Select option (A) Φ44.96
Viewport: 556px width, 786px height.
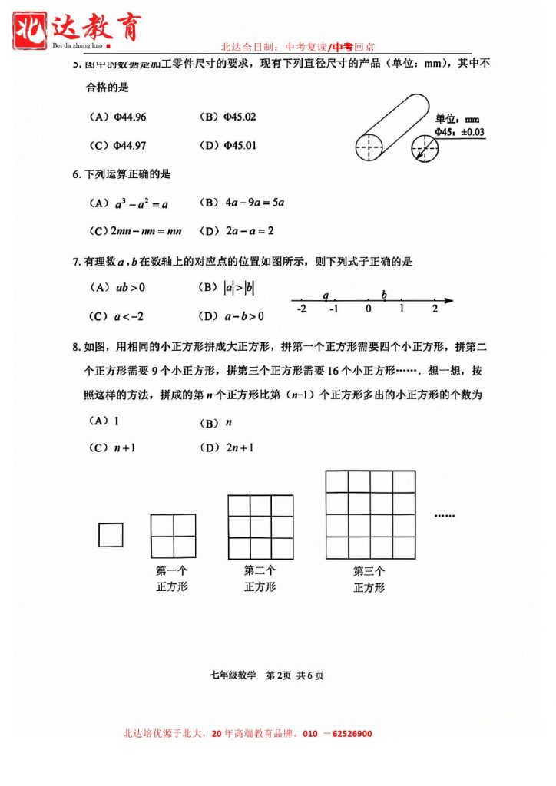(x=118, y=117)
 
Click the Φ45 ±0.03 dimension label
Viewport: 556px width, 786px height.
(x=459, y=132)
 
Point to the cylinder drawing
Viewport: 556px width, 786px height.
(x=392, y=127)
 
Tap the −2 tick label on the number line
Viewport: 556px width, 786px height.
(x=300, y=309)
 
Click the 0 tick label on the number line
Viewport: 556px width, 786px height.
(x=368, y=309)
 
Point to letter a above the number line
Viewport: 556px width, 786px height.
(x=326, y=295)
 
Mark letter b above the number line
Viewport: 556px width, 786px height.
(x=384, y=295)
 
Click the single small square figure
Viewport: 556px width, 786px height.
(x=111, y=534)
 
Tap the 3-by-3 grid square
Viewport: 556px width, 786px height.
(x=260, y=527)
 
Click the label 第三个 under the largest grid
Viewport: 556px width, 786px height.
(x=369, y=571)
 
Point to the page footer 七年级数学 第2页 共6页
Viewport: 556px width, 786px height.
(x=266, y=675)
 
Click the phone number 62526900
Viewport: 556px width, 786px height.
(x=346, y=734)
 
